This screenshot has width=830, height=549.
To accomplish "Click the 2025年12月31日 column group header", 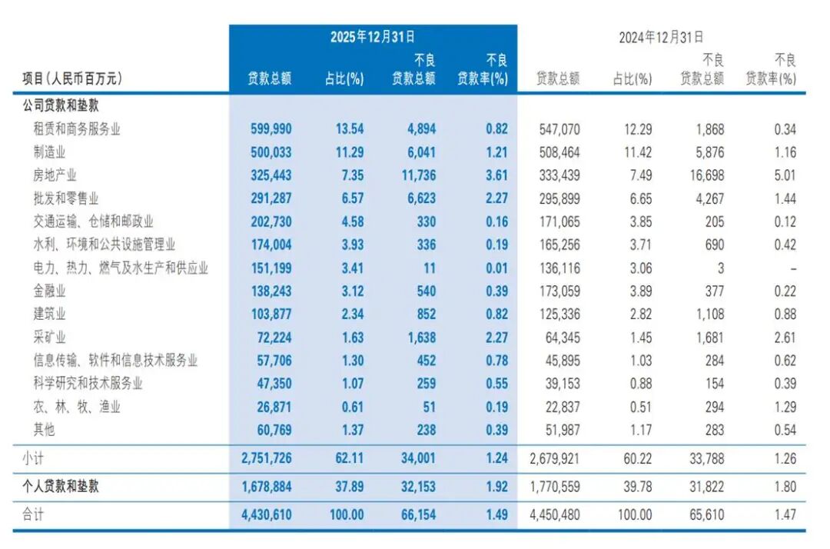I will pyautogui.click(x=373, y=36).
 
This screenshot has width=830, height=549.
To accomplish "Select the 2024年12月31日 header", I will pyautogui.click(x=661, y=36).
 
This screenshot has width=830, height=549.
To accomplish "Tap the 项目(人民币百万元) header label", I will pyautogui.click(x=72, y=78).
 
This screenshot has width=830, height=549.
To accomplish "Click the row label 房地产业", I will pyautogui.click(x=55, y=175).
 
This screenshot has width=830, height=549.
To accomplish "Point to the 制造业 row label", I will pyautogui.click(x=48, y=152).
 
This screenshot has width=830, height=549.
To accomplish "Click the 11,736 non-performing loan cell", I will pyautogui.click(x=417, y=175).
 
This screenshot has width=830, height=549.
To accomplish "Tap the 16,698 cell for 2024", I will pyautogui.click(x=705, y=175).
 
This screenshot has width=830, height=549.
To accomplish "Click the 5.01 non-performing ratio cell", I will pyautogui.click(x=785, y=175).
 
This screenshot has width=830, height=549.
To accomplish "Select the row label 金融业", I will pyautogui.click(x=48, y=291).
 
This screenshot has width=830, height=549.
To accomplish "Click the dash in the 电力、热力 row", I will pyautogui.click(x=792, y=268).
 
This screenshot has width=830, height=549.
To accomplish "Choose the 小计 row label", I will pyautogui.click(x=33, y=458).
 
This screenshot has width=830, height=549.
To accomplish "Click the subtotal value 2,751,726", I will pyautogui.click(x=262, y=458).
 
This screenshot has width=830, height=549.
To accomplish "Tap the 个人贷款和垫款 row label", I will pyautogui.click(x=61, y=486).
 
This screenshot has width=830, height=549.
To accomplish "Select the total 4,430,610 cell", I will pyautogui.click(x=262, y=514).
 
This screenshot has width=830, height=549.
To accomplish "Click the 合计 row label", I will pyautogui.click(x=33, y=514).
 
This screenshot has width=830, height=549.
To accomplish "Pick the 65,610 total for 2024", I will pyautogui.click(x=705, y=514).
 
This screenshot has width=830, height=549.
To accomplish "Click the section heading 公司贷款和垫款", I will pyautogui.click(x=61, y=105).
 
